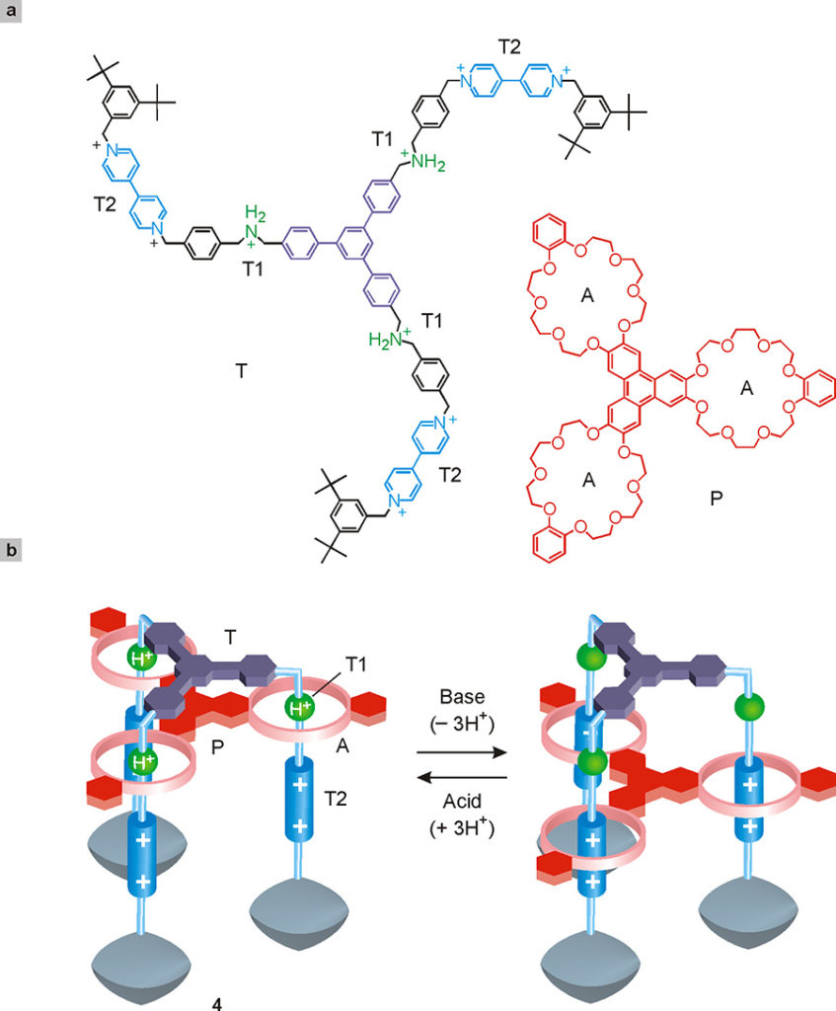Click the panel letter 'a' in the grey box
(10, 10)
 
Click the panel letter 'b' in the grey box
(10, 550)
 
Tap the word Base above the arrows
(462, 697)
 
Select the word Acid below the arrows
(462, 802)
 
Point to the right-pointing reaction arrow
(462, 752)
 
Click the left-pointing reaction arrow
(462, 778)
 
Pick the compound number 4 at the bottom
(217, 1004)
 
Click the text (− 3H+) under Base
(462, 722)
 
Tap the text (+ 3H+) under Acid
(462, 826)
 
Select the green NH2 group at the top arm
(425, 160)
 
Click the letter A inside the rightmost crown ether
(746, 388)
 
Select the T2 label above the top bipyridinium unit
(509, 47)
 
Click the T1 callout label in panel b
(355, 664)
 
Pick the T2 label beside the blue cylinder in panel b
(336, 799)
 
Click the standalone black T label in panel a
(241, 371)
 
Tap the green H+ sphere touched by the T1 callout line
(299, 709)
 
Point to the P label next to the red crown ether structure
(717, 498)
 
